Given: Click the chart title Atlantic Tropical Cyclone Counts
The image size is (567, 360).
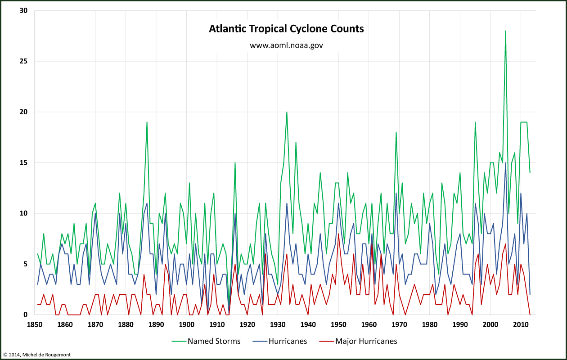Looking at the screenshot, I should pyautogui.click(x=286, y=29).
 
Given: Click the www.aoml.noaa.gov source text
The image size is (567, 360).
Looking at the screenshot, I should pyautogui.click(x=286, y=45).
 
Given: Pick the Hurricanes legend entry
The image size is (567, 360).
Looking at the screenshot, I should pyautogui.click(x=288, y=341).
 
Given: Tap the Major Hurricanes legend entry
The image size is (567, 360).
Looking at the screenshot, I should pyautogui.click(x=366, y=341).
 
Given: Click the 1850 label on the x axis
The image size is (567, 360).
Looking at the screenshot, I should pyautogui.click(x=35, y=324).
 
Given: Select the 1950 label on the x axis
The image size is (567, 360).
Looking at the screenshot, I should pyautogui.click(x=338, y=324).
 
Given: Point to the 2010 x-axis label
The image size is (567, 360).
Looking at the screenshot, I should pyautogui.click(x=521, y=324).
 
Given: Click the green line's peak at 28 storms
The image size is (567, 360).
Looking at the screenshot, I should pyautogui.click(x=506, y=31).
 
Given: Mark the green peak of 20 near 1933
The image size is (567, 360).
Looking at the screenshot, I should pyautogui.click(x=287, y=112).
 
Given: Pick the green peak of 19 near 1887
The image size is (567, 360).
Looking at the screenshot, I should pyautogui.click(x=147, y=122).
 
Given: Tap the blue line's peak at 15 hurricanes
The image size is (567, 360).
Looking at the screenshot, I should pyautogui.click(x=506, y=163).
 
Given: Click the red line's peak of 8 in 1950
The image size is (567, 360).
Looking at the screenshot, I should pyautogui.click(x=338, y=234).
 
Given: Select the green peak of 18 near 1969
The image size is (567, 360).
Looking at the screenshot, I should pyautogui.click(x=396, y=132).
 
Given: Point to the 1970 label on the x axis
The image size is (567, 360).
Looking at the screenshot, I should pyautogui.click(x=399, y=324).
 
